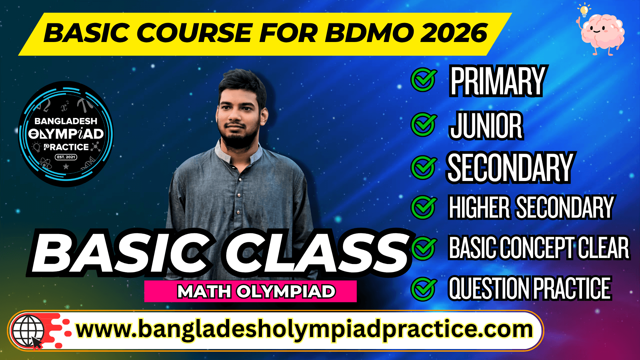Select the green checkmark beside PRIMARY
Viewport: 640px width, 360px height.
pyautogui.click(x=423, y=80)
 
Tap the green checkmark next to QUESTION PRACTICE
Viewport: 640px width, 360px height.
pyautogui.click(x=423, y=289)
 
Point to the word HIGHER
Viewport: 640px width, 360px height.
pyautogui.click(x=479, y=207)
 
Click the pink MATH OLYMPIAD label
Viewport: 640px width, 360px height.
pyautogui.click(x=250, y=291)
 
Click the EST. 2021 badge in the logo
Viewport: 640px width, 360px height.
pyautogui.click(x=66, y=157)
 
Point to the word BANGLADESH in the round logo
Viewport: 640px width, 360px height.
pyautogui.click(x=66, y=121)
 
